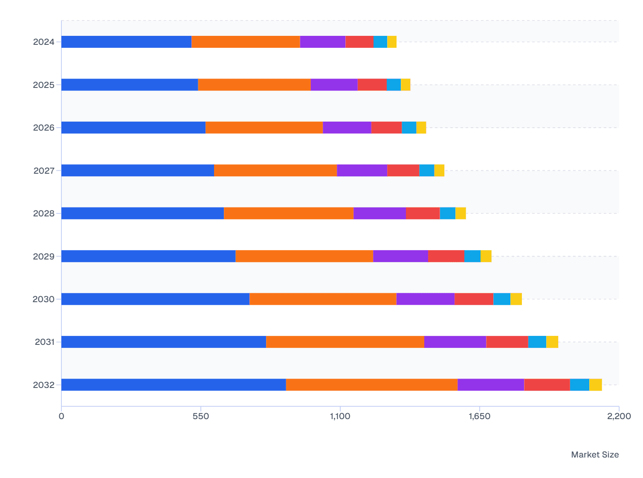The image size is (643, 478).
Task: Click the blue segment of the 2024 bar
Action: coord(126,42)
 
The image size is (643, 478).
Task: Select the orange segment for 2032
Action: coord(371,385)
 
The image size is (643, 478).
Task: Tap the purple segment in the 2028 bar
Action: coord(379,213)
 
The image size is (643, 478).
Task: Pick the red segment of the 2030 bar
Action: coord(474,299)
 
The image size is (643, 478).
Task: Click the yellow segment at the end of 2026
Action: coord(421,128)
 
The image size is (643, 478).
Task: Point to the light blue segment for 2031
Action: coord(537,342)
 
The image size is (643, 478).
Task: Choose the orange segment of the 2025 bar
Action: coord(254,85)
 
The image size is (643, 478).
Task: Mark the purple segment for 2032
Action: coord(491,385)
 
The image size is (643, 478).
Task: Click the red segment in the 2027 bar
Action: coord(403,170)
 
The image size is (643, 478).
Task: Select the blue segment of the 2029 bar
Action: coord(148,256)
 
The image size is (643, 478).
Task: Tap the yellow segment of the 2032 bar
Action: coord(595,385)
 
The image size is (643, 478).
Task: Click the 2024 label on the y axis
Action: coord(44,42)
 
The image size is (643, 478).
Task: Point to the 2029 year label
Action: coord(44,256)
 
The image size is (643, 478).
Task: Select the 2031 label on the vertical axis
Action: coord(45,342)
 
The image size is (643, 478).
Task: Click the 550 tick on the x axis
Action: coord(201,416)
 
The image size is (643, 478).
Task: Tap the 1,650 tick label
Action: coord(480,416)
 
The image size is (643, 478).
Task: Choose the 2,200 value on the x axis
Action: coord(619,416)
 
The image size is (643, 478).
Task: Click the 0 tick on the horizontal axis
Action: coord(61,416)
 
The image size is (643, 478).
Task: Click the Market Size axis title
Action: coord(595,455)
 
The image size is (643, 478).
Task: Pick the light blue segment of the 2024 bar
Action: coord(380,42)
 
